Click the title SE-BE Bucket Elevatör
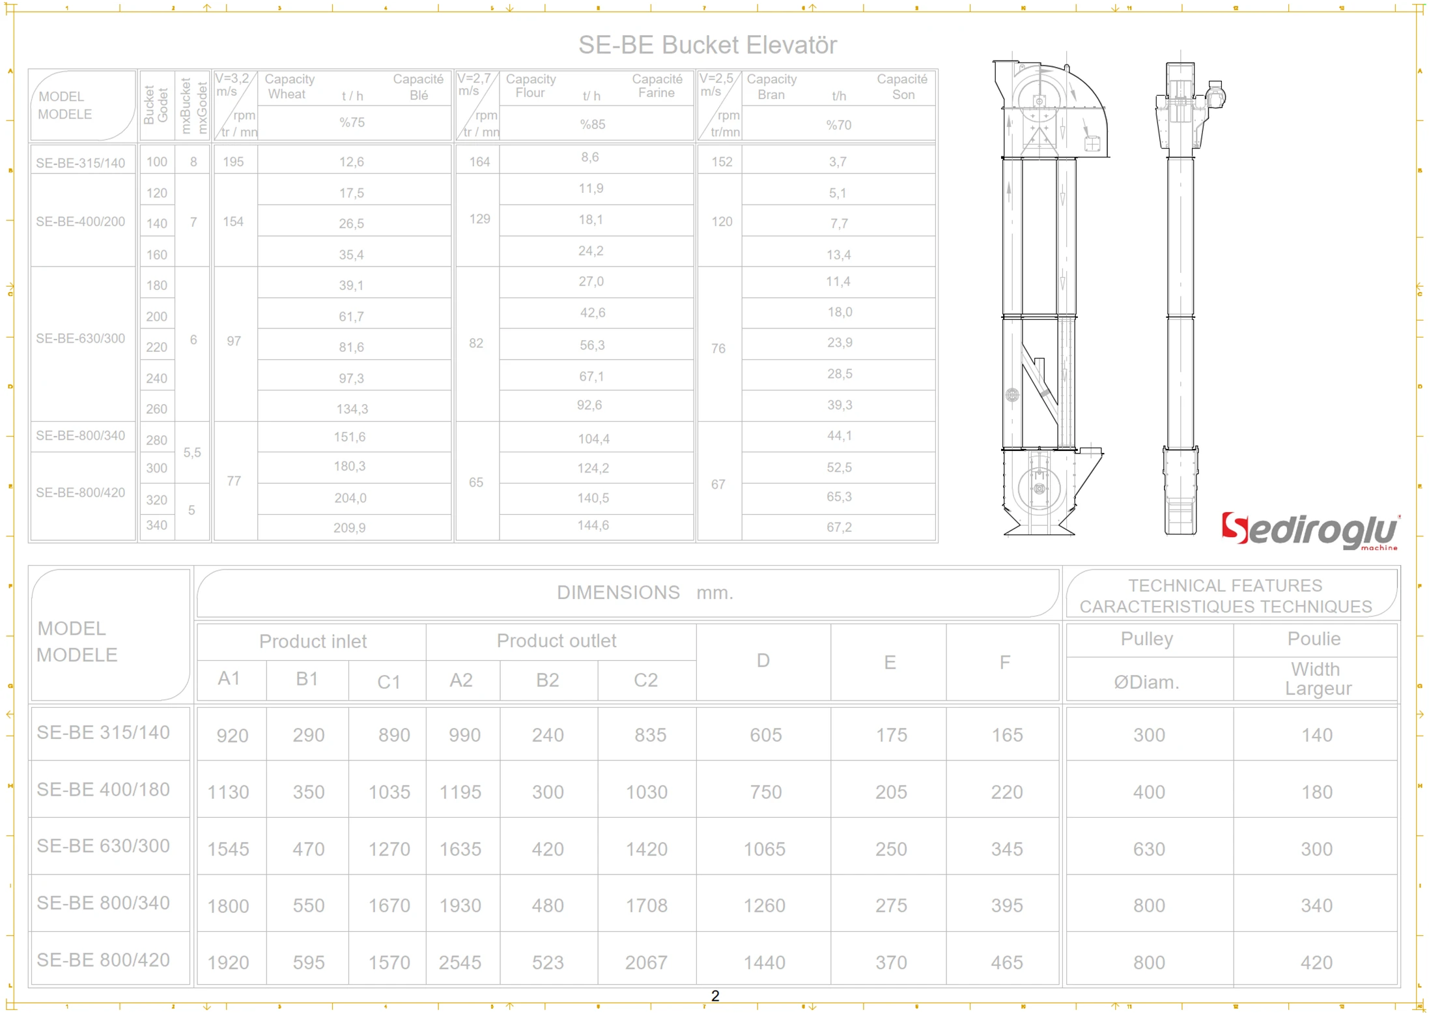coord(707,45)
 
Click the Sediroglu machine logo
coord(1310,530)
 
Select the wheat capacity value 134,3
coord(352,409)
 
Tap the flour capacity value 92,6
coord(589,405)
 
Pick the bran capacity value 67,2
coord(839,527)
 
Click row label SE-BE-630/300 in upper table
coord(81,338)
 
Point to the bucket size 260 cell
coord(156,409)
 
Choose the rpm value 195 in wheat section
coord(233,162)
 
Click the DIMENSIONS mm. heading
coord(645,592)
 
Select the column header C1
coord(389,682)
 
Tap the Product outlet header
coord(556,641)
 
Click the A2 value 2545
coord(460,963)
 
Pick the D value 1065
coord(765,849)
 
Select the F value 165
coord(1007,735)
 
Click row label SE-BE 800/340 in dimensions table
coord(103,903)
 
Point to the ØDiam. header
coord(1146,682)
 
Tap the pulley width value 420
coord(1316,963)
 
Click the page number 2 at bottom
coord(715,996)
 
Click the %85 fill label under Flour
coord(593,124)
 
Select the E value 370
coord(891,963)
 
